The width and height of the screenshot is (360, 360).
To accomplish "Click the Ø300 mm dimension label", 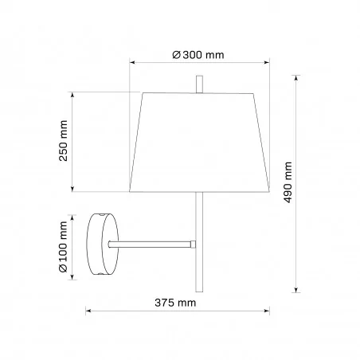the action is [198, 55].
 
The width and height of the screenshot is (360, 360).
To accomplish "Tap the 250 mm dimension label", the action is [63, 141].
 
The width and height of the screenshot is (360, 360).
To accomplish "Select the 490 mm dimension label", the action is [288, 182].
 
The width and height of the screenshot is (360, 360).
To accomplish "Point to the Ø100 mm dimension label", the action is [63, 247].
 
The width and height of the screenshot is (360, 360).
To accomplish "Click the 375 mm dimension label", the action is [175, 303].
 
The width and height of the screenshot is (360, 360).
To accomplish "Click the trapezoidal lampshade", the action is [199, 143].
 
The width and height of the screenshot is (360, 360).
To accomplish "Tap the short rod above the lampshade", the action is [199, 84].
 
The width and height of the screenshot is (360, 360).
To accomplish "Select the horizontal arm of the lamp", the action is [151, 245].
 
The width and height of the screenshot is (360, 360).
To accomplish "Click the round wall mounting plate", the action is [103, 244].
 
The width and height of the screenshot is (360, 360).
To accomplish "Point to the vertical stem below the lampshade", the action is [199, 242].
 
